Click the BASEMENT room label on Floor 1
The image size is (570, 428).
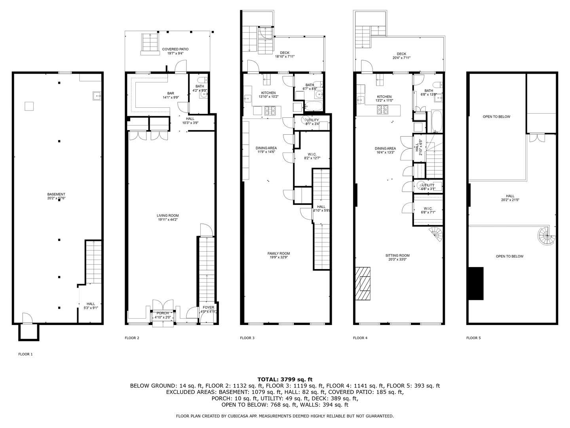click(x=56, y=194)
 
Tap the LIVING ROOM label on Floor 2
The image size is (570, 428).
click(x=167, y=216)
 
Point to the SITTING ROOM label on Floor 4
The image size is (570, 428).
click(x=397, y=256)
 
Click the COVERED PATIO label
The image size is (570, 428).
click(x=175, y=49)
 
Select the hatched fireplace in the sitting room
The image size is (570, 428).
click(x=363, y=284)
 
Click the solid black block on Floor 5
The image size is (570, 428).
click(x=476, y=283)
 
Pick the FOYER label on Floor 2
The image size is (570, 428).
click(x=208, y=308)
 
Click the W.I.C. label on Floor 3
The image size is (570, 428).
click(x=312, y=154)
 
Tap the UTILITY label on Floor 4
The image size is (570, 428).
click(x=428, y=185)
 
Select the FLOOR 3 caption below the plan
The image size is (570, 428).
click(x=247, y=338)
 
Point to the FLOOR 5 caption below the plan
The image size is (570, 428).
click(x=473, y=338)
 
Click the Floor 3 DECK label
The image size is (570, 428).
click(x=285, y=53)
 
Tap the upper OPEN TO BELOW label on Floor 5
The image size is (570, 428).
click(x=496, y=117)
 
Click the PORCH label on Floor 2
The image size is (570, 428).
click(x=162, y=313)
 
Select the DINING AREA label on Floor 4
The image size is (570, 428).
click(x=385, y=149)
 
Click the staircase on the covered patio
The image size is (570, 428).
click(x=150, y=42)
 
